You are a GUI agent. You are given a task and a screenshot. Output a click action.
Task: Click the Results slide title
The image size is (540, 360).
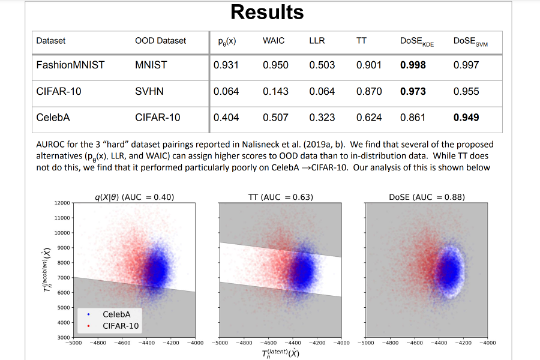click(267, 12)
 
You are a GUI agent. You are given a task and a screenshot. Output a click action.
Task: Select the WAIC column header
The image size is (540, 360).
click(274, 41)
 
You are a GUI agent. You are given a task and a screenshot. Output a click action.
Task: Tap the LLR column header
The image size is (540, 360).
click(317, 41)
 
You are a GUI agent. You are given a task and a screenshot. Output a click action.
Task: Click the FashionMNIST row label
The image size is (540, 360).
click(70, 65)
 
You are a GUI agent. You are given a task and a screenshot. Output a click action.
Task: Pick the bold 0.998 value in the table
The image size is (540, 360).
click(413, 65)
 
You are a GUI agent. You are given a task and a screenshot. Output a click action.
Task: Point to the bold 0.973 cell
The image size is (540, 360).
click(413, 91)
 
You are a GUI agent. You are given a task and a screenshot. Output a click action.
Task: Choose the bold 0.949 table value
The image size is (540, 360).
click(466, 118)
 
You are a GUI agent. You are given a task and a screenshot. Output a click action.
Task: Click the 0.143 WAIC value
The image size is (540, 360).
click(275, 91)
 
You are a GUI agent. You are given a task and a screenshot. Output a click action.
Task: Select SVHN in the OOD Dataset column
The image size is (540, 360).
click(149, 91)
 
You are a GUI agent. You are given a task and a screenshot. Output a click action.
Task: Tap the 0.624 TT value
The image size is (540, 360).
click(369, 118)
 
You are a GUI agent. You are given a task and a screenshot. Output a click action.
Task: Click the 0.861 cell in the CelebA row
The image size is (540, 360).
click(413, 118)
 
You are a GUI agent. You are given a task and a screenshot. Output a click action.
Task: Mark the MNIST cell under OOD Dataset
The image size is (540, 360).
click(151, 65)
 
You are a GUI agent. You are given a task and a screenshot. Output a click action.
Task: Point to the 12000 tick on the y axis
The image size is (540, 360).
click(63, 203)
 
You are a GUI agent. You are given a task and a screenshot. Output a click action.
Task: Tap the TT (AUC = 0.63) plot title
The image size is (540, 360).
click(280, 196)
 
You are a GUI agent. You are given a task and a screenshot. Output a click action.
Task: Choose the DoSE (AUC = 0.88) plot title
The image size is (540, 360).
click(427, 196)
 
